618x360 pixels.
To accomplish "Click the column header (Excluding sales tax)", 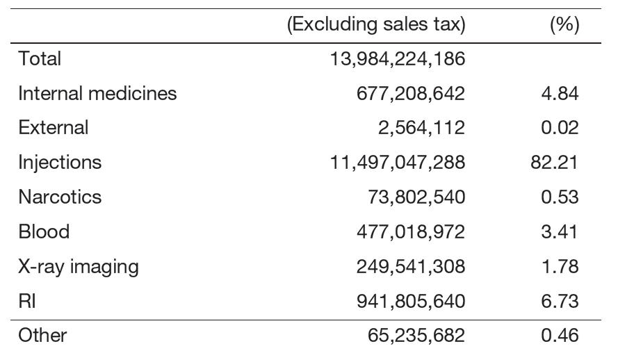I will (376, 26).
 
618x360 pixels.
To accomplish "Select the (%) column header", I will (564, 26).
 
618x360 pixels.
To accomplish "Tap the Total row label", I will (40, 59).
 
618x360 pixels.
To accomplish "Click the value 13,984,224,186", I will (397, 59).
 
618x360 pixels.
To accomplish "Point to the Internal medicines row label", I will (97, 93).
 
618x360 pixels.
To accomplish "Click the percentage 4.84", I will (560, 93).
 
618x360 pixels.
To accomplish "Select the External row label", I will (54, 128).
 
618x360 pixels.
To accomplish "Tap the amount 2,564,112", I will (425, 128).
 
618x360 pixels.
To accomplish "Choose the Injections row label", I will (60, 163).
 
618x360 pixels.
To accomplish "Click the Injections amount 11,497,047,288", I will (397, 163).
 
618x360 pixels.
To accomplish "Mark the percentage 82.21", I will (554, 163).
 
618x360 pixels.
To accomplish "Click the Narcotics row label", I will (60, 197).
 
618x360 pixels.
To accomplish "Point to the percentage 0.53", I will (560, 197).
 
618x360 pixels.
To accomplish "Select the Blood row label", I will (44, 231).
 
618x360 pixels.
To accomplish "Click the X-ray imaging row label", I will (79, 266).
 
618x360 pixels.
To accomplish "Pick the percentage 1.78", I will (560, 266).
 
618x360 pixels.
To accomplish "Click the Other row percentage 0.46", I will (560, 336).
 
